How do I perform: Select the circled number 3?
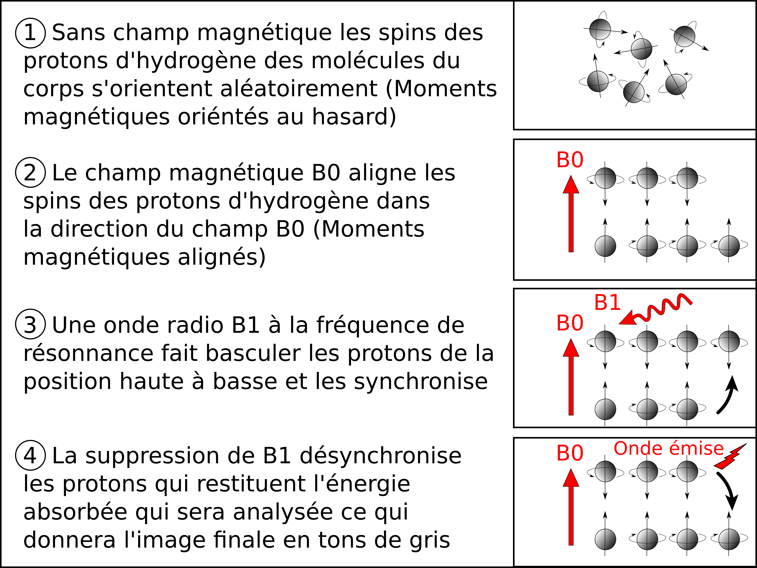[30, 324]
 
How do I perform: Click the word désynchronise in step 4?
[381, 456]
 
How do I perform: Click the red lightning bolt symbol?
[730, 456]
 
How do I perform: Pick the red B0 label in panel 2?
[570, 160]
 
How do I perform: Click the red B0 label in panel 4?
[570, 453]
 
